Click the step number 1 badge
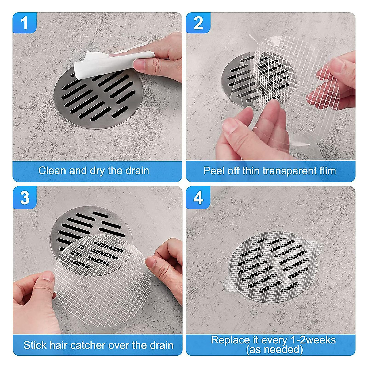coord(25,23)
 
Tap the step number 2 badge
coord(198,23)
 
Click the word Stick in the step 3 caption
coord(34,345)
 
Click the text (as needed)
coord(274,350)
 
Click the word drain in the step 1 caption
coord(137,171)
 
